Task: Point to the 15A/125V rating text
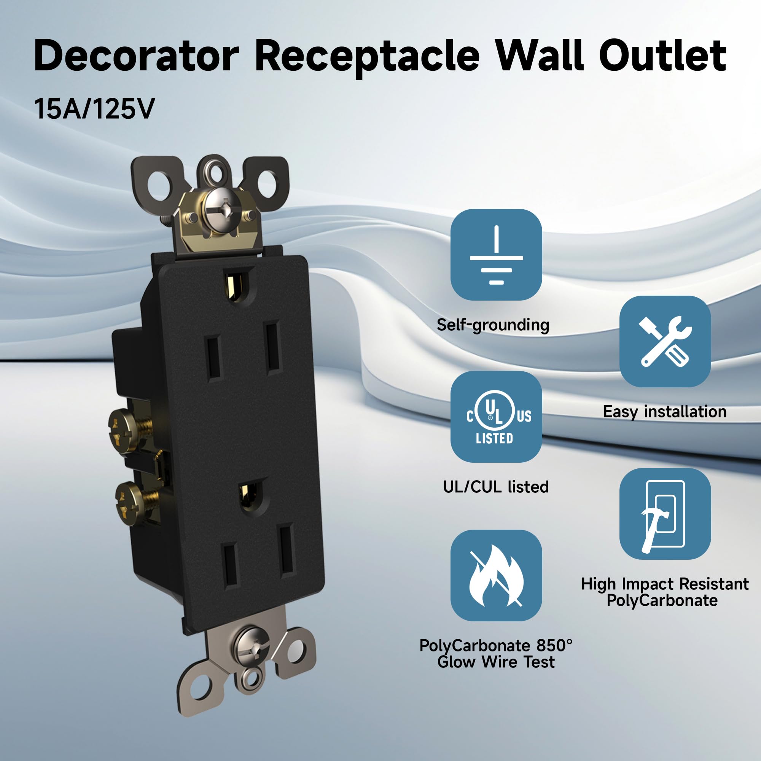(x=94, y=109)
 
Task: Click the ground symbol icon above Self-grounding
(x=496, y=255)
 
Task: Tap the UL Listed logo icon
(x=496, y=417)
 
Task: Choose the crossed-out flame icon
(x=496, y=575)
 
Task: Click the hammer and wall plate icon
(x=665, y=514)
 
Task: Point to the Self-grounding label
(x=493, y=325)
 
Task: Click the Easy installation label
(x=665, y=412)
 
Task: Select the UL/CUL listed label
(x=496, y=487)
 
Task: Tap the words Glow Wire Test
(x=496, y=662)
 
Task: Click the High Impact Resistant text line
(x=665, y=584)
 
